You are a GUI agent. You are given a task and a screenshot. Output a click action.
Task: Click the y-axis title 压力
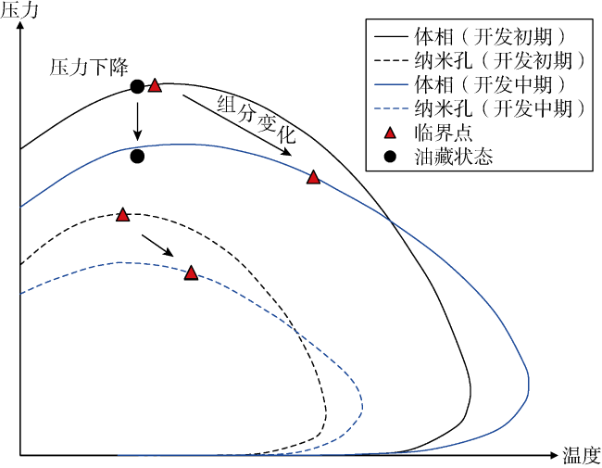click(x=19, y=10)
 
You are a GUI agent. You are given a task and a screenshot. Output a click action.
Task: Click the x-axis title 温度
click(x=582, y=456)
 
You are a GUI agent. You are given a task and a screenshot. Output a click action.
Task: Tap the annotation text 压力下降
click(x=89, y=68)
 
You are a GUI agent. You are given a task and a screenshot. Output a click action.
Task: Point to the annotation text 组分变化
click(x=257, y=120)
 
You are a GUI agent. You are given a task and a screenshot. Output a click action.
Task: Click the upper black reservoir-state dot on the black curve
click(x=137, y=87)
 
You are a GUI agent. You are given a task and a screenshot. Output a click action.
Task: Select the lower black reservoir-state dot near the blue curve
click(x=137, y=157)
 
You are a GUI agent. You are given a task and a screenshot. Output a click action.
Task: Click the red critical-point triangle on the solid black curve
click(x=155, y=85)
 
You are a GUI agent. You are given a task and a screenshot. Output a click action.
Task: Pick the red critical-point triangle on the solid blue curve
click(x=313, y=177)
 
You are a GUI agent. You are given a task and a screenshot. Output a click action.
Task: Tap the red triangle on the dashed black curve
click(x=122, y=214)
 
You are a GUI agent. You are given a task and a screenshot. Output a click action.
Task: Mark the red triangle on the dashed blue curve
click(x=191, y=272)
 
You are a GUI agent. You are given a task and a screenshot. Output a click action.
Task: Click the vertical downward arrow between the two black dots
click(x=137, y=121)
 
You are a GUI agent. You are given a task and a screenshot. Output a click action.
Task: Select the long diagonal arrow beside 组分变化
click(x=237, y=125)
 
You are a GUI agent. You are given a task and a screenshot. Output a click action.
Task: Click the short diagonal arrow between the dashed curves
click(x=157, y=246)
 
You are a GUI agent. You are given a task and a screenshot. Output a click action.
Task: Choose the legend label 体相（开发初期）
click(x=490, y=36)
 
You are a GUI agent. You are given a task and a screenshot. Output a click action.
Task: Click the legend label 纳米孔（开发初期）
click(x=500, y=61)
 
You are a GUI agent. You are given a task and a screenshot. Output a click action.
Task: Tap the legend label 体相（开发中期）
click(x=490, y=85)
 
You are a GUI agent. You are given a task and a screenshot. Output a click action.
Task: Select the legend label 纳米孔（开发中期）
click(x=500, y=108)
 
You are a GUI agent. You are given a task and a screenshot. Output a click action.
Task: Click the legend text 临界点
click(x=444, y=133)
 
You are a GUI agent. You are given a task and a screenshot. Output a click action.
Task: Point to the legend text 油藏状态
click(x=454, y=157)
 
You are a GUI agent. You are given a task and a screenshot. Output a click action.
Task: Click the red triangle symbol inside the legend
click(x=390, y=133)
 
